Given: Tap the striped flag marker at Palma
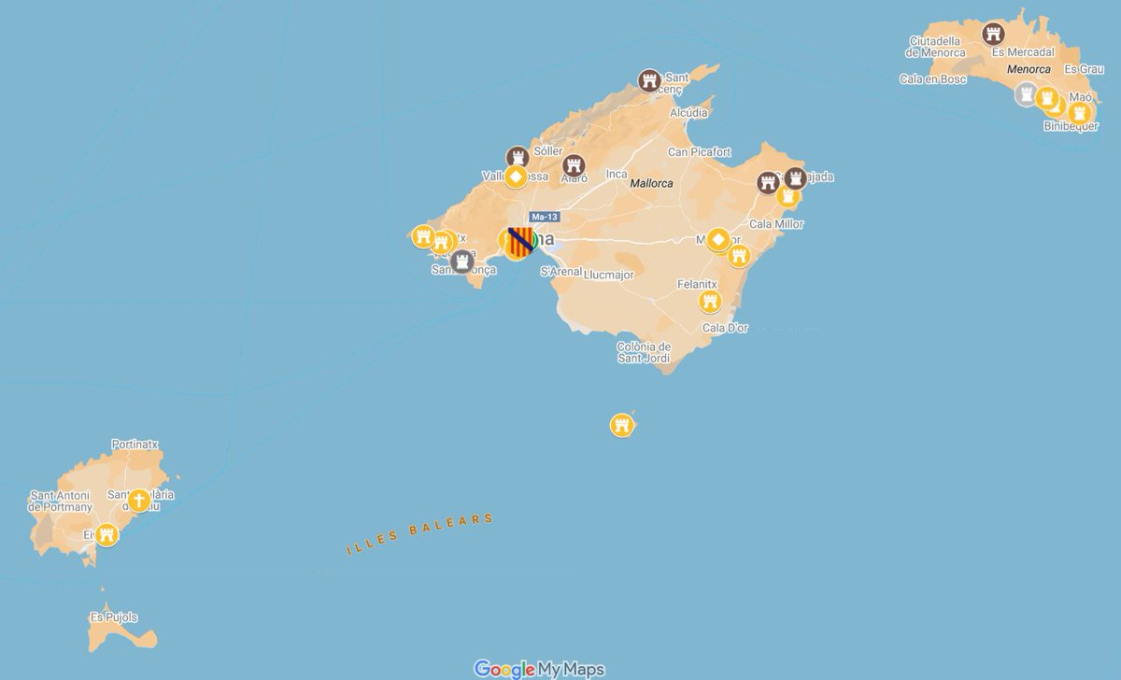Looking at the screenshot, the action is click(x=520, y=241).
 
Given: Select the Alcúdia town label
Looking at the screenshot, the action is click(x=688, y=112).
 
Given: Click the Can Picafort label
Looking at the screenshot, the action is click(x=699, y=152).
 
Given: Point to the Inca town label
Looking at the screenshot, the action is click(x=617, y=174).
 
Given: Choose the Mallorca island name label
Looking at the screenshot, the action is click(x=652, y=184).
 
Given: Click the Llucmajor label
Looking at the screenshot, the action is click(x=608, y=275).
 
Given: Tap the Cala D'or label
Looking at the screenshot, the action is click(x=726, y=328).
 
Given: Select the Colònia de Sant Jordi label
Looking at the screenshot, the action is click(x=644, y=352).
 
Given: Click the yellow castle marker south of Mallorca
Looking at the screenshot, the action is click(x=622, y=426).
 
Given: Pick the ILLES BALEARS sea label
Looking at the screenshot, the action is click(x=419, y=534).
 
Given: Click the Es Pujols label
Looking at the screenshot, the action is click(x=114, y=617).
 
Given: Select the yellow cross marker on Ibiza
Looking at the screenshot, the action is click(x=138, y=501).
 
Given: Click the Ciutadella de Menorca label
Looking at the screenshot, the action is click(x=937, y=47).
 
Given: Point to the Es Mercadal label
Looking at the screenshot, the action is click(x=1024, y=52).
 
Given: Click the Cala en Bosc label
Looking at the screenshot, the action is click(x=933, y=79).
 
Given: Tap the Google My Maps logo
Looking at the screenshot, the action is click(x=539, y=669).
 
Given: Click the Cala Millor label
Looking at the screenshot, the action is click(x=776, y=224).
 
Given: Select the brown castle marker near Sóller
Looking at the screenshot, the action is click(x=517, y=156).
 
